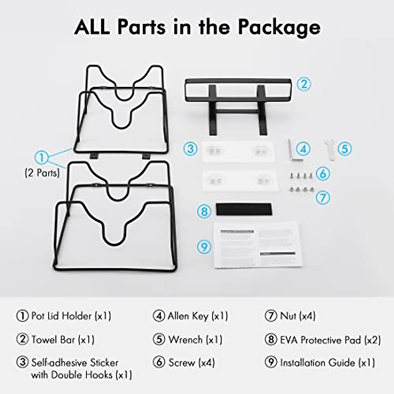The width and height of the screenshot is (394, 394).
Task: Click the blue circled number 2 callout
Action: pos(304,84)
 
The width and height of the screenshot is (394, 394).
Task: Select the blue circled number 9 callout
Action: pos(204,246)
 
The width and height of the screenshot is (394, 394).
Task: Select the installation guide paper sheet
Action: pos(257,245)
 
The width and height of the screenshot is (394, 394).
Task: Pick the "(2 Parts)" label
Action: pos(42,173)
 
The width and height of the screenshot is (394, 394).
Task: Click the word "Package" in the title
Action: pos(279,27)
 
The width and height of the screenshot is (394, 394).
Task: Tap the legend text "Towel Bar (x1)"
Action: pos(63,339)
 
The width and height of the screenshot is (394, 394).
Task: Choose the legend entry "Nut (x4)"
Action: pos(297,316)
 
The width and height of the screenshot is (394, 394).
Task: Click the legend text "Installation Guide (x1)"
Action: pos(327,363)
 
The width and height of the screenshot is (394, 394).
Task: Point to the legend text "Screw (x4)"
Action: pos(191,363)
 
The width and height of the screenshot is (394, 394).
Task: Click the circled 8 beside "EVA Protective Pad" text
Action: pos(271,339)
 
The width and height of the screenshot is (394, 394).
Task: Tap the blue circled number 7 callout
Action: pos(323,197)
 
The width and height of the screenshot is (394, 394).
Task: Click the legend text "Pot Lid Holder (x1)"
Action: pos(71,316)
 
